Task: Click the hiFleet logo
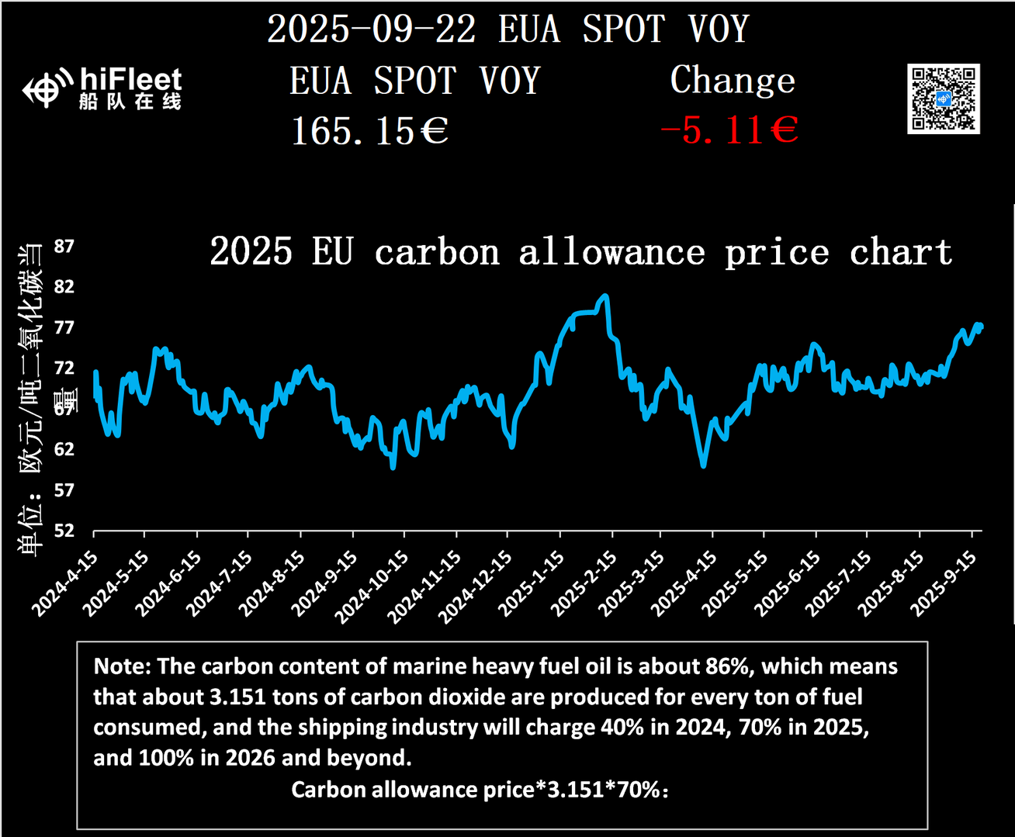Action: (102, 88)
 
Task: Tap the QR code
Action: (943, 99)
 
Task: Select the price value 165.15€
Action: (369, 131)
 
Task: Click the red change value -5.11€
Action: (729, 130)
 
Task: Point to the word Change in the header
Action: (733, 80)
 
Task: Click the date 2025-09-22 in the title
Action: (371, 29)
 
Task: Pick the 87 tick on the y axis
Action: (64, 247)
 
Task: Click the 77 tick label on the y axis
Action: (64, 327)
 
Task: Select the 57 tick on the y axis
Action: (64, 490)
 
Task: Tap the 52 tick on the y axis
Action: (64, 531)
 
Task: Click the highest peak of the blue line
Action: (605, 296)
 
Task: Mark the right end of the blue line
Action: (982, 326)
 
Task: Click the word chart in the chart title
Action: (900, 253)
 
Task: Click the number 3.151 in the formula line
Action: (576, 790)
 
